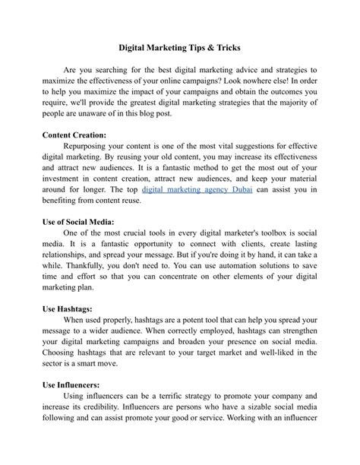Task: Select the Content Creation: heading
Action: (x=74, y=134)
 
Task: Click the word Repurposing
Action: (x=91, y=145)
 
